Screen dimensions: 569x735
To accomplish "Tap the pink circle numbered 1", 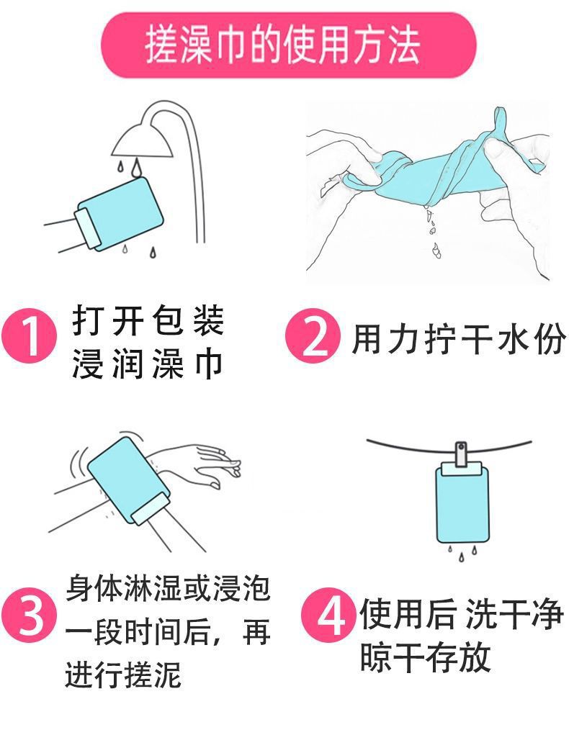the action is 29,335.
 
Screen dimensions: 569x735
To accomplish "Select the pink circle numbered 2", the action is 313,335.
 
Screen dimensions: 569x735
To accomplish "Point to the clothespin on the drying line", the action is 461,454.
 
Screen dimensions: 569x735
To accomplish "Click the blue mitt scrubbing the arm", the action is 130,480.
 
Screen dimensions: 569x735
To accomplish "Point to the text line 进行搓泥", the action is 123,674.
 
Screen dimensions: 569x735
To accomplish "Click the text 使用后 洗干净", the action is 462,613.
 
